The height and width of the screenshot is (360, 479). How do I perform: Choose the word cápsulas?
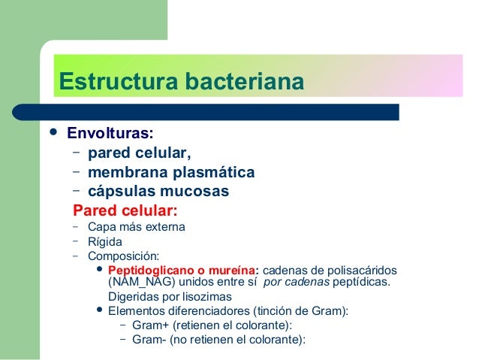click(x=121, y=192)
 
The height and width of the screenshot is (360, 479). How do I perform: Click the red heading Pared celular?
click(x=125, y=210)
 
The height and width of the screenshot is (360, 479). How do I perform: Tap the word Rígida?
click(x=104, y=242)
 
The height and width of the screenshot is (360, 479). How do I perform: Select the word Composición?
click(x=123, y=256)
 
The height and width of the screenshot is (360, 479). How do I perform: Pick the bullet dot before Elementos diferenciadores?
click(x=101, y=310)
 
